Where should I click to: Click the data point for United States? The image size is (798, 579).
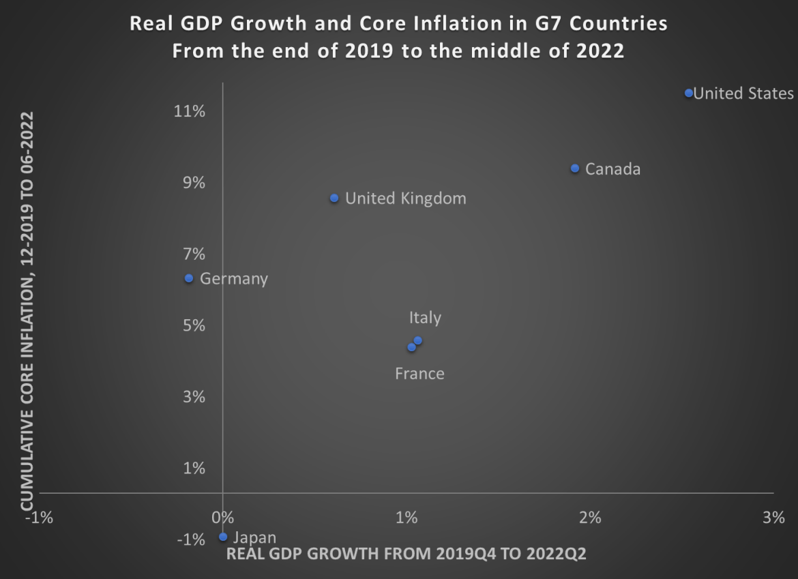(x=689, y=93)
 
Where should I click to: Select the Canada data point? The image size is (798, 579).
(x=575, y=168)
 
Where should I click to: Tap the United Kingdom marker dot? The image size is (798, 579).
(x=334, y=198)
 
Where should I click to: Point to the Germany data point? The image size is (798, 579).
(x=189, y=278)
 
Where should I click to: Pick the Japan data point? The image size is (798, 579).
(x=223, y=537)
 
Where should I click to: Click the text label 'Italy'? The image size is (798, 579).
(x=425, y=318)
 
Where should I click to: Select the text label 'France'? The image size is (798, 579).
(x=419, y=374)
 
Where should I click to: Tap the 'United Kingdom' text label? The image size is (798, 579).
(x=406, y=198)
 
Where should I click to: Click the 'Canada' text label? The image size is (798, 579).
(x=612, y=169)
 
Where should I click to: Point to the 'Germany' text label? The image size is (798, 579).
(x=234, y=279)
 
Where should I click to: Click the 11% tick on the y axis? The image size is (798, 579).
(x=190, y=111)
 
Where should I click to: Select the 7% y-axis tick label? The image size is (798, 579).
(x=194, y=254)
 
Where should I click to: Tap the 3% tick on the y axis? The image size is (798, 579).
(x=194, y=397)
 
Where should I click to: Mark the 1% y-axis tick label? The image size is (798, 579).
(x=194, y=469)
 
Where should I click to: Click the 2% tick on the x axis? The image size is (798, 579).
(x=590, y=518)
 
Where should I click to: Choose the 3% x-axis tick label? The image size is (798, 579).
(x=773, y=518)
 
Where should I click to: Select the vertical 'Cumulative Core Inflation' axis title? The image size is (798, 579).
(x=27, y=310)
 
